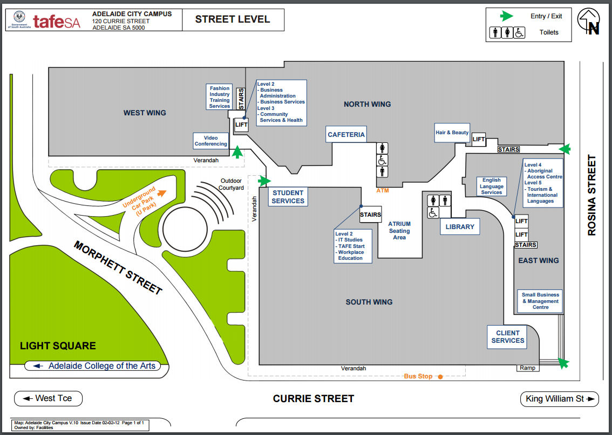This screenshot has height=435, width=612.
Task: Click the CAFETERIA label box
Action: [346, 135]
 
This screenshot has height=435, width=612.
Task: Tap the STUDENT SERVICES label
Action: [288, 197]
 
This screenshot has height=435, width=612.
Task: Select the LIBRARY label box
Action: [460, 227]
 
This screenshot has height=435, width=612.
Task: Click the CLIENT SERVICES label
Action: [507, 337]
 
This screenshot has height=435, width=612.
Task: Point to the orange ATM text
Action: [382, 190]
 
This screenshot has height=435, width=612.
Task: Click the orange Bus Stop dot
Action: [440, 376]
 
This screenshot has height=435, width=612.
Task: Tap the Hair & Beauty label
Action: [452, 133]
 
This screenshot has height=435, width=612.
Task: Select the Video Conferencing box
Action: [211, 141]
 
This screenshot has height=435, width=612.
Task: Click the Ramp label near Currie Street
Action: [527, 368]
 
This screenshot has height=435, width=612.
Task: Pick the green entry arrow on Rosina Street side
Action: [564, 149]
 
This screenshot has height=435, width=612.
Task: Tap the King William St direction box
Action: [559, 399]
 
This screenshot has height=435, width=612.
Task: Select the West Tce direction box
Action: [49, 398]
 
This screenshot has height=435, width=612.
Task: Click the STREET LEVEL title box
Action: [232, 20]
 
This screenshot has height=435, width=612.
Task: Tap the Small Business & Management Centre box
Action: [540, 301]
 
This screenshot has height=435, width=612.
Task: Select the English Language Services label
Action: [491, 186]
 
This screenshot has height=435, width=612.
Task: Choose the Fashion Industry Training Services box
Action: [220, 97]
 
